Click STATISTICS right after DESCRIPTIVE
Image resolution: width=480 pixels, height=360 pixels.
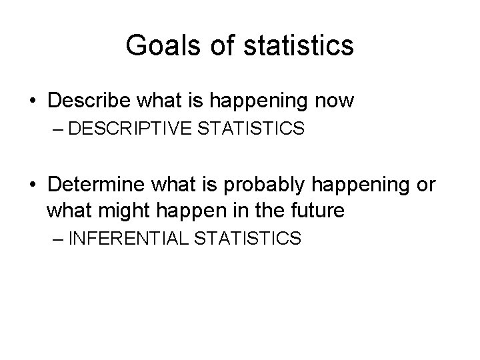[x=249, y=129]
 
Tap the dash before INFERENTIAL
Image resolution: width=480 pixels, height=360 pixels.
[x=57, y=239]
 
